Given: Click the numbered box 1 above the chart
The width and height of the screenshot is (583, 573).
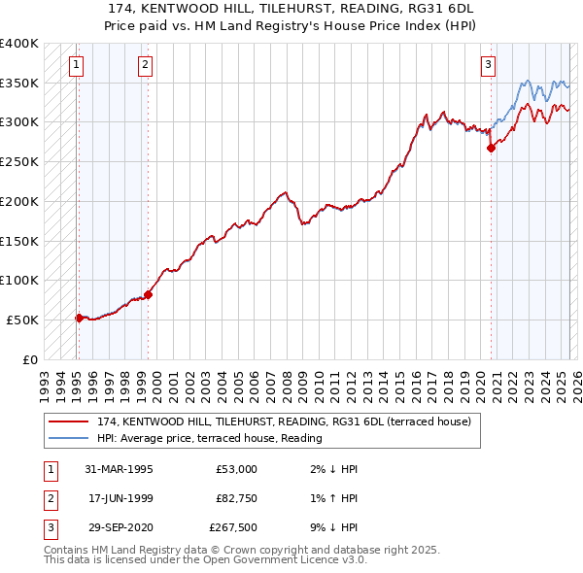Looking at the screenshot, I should click(76, 66).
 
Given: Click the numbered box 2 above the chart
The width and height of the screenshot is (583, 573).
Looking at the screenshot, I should click(145, 66).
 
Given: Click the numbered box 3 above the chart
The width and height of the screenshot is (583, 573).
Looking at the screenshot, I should click(488, 66).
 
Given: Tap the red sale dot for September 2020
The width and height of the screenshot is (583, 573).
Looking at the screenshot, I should click(492, 148).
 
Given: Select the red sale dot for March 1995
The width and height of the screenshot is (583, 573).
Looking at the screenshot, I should click(79, 317).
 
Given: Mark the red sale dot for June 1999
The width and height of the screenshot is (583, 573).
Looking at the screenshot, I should click(148, 293).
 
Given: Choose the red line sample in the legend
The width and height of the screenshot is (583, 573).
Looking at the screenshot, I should click(71, 421).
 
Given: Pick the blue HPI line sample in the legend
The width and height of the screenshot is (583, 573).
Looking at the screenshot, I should click(71, 437).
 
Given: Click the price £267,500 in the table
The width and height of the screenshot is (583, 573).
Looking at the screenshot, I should click(233, 527).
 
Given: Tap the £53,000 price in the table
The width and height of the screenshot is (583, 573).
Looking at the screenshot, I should click(236, 469).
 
